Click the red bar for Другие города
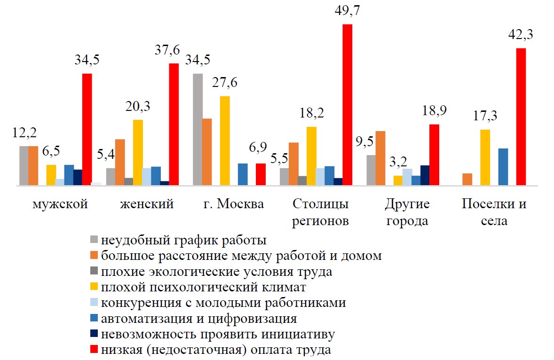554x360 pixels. pyautogui.click(x=434, y=155)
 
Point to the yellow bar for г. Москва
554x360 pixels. pyautogui.click(x=225, y=141)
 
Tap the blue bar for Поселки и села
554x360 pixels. pyautogui.click(x=503, y=167)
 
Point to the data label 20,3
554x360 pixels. pyautogui.click(x=137, y=107)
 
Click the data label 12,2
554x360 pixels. pyautogui.click(x=24, y=133)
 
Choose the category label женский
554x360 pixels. pyautogui.click(x=147, y=204)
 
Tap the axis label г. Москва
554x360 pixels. pyautogui.click(x=234, y=204)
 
